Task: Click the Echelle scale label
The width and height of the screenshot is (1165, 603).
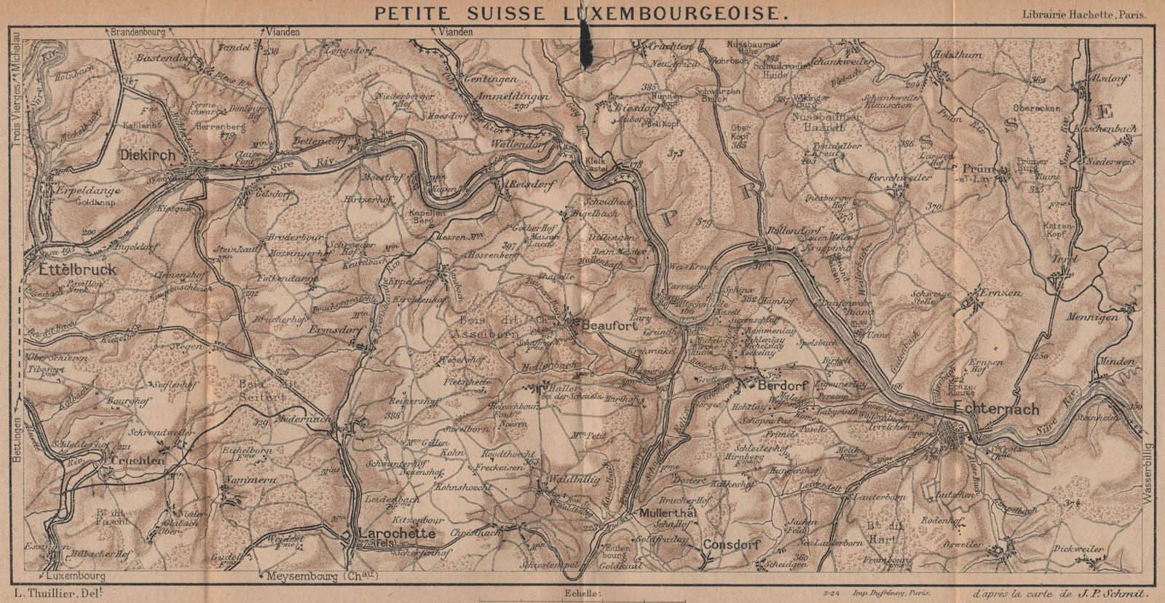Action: pos(581,594)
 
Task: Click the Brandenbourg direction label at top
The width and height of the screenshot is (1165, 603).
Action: pos(136,31)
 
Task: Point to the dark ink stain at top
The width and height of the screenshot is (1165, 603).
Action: pos(586,36)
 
